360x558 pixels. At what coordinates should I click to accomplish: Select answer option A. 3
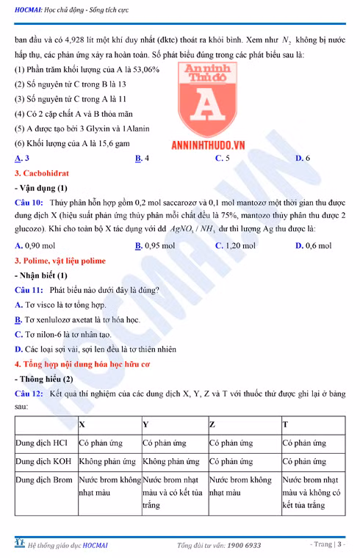click(x=22, y=158)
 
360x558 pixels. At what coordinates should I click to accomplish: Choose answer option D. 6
click(x=302, y=158)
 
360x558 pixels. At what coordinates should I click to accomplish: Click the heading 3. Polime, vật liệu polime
click(x=65, y=260)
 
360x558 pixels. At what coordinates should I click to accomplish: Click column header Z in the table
click(x=212, y=424)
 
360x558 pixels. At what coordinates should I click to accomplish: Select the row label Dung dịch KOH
click(x=43, y=462)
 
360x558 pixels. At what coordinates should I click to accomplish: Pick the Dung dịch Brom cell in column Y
click(x=173, y=492)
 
